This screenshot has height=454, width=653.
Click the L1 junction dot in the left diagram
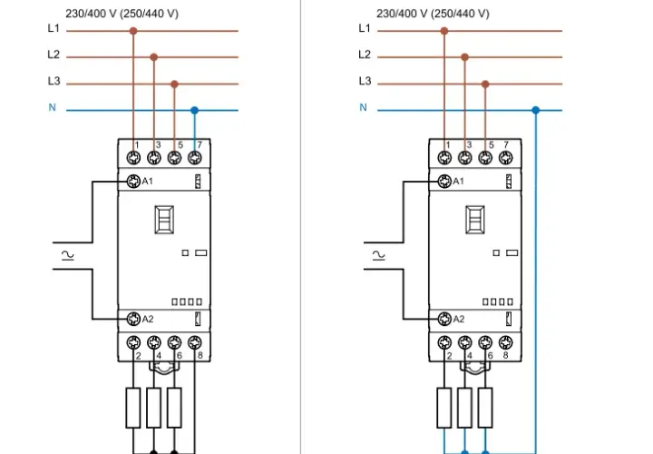(x=133, y=31)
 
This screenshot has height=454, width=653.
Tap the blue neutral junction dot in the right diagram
(x=536, y=110)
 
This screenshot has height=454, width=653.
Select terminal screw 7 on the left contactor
(x=195, y=158)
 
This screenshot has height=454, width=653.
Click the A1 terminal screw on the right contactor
(x=444, y=182)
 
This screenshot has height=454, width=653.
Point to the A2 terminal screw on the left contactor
(x=133, y=319)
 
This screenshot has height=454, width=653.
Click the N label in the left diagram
(x=52, y=107)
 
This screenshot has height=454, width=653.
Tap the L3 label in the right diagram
(x=365, y=81)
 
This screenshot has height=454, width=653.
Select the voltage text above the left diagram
(x=122, y=14)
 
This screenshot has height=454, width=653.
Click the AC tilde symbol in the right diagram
(x=378, y=255)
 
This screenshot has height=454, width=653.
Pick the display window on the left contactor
(x=164, y=220)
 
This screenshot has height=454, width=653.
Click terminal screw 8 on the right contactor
(x=505, y=342)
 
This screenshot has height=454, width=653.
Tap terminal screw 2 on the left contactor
(x=133, y=342)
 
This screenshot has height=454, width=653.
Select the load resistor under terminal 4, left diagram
(x=153, y=408)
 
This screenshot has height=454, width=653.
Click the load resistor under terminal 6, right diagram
(x=485, y=408)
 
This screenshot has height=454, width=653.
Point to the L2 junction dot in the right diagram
(x=464, y=57)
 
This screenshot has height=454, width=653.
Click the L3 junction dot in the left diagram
(x=174, y=84)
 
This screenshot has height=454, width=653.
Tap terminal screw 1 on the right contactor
(x=444, y=158)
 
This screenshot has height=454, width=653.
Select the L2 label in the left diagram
(x=54, y=54)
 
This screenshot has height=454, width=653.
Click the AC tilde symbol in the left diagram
(x=67, y=255)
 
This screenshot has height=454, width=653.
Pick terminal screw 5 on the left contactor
(x=174, y=158)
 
